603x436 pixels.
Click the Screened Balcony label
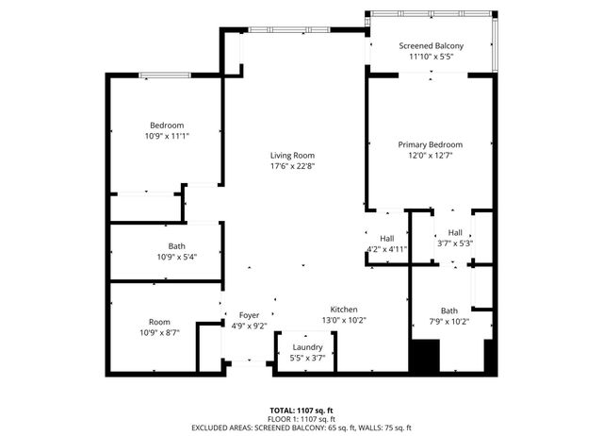pos(431,45)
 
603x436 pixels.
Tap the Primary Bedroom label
pos(431,144)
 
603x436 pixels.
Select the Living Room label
pos(292,156)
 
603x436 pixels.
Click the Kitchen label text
pos(344,310)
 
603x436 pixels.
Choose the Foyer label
pos(249,315)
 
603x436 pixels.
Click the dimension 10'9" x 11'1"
pos(167,137)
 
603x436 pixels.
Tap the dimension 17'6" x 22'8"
pos(292,167)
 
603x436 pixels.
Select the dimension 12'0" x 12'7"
pos(431,156)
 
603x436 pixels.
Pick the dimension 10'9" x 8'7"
pos(159,332)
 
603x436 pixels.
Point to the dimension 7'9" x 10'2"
pos(448,321)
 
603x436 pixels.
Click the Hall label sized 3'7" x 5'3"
pos(455,232)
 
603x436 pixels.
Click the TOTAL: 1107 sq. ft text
pos(301,411)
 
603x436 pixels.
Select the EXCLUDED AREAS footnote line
pos(301,428)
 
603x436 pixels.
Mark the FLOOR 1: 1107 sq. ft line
pos(301,419)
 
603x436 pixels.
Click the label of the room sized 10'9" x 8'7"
pos(159,321)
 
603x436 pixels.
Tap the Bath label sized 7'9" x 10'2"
pos(448,310)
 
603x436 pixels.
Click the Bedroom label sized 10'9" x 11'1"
pos(167,126)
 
